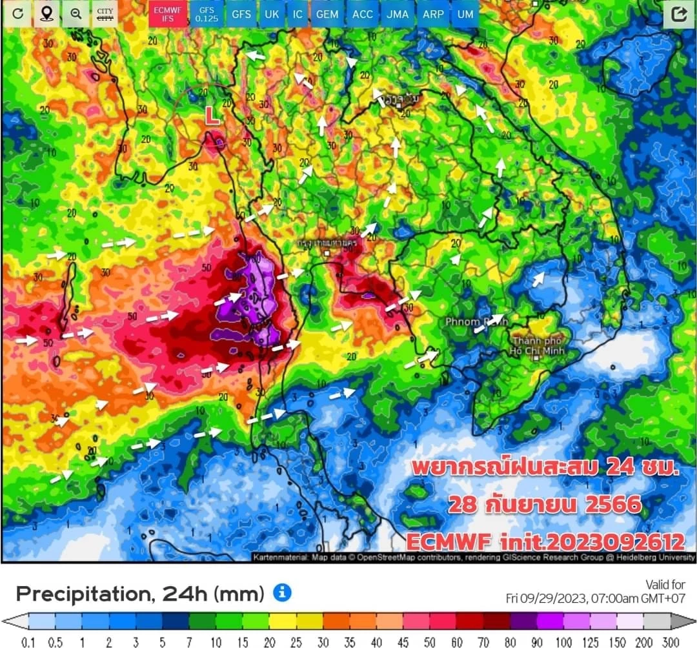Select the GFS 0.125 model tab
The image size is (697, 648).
[207, 14]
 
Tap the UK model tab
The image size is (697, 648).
[272, 14]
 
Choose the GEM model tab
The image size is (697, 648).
[327, 14]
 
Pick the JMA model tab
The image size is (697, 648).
[398, 14]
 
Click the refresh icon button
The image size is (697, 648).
[17, 14]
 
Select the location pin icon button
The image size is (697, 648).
[46, 14]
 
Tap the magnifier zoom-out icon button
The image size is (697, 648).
[76, 14]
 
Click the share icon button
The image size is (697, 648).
[678, 14]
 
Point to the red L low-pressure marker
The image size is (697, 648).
[212, 116]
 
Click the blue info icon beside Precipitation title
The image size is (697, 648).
[282, 592]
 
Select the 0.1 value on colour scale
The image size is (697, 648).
[28, 642]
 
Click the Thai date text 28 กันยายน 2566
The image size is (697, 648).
[545, 504]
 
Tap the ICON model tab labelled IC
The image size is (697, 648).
[298, 14]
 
